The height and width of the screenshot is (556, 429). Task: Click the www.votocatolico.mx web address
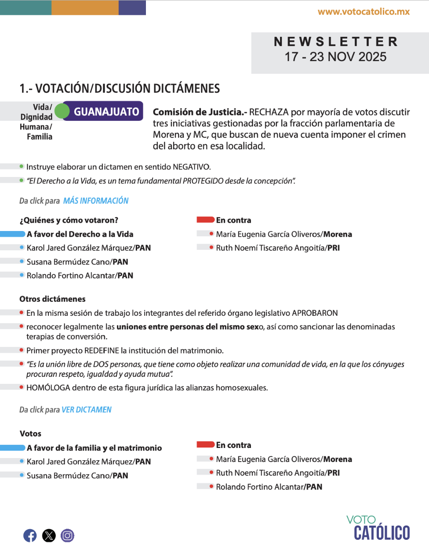click(364, 12)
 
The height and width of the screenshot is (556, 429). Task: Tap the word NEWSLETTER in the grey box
click(336, 42)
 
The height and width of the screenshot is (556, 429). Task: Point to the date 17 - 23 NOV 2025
click(335, 57)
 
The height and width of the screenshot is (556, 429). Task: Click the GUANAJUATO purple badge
click(106, 112)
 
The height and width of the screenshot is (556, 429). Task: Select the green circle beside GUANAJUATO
click(62, 112)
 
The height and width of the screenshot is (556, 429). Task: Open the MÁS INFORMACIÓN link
click(96, 201)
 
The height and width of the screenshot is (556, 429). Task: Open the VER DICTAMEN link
click(87, 410)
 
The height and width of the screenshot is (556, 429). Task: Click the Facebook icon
click(30, 535)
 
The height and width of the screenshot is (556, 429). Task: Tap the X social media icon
click(49, 535)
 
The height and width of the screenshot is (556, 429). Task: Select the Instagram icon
click(67, 535)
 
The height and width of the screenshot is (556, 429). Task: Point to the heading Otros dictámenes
click(52, 299)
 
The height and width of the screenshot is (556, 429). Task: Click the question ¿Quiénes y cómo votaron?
click(69, 220)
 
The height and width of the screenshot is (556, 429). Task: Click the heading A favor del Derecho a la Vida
click(80, 234)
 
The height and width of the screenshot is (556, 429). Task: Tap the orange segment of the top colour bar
click(85, 7)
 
